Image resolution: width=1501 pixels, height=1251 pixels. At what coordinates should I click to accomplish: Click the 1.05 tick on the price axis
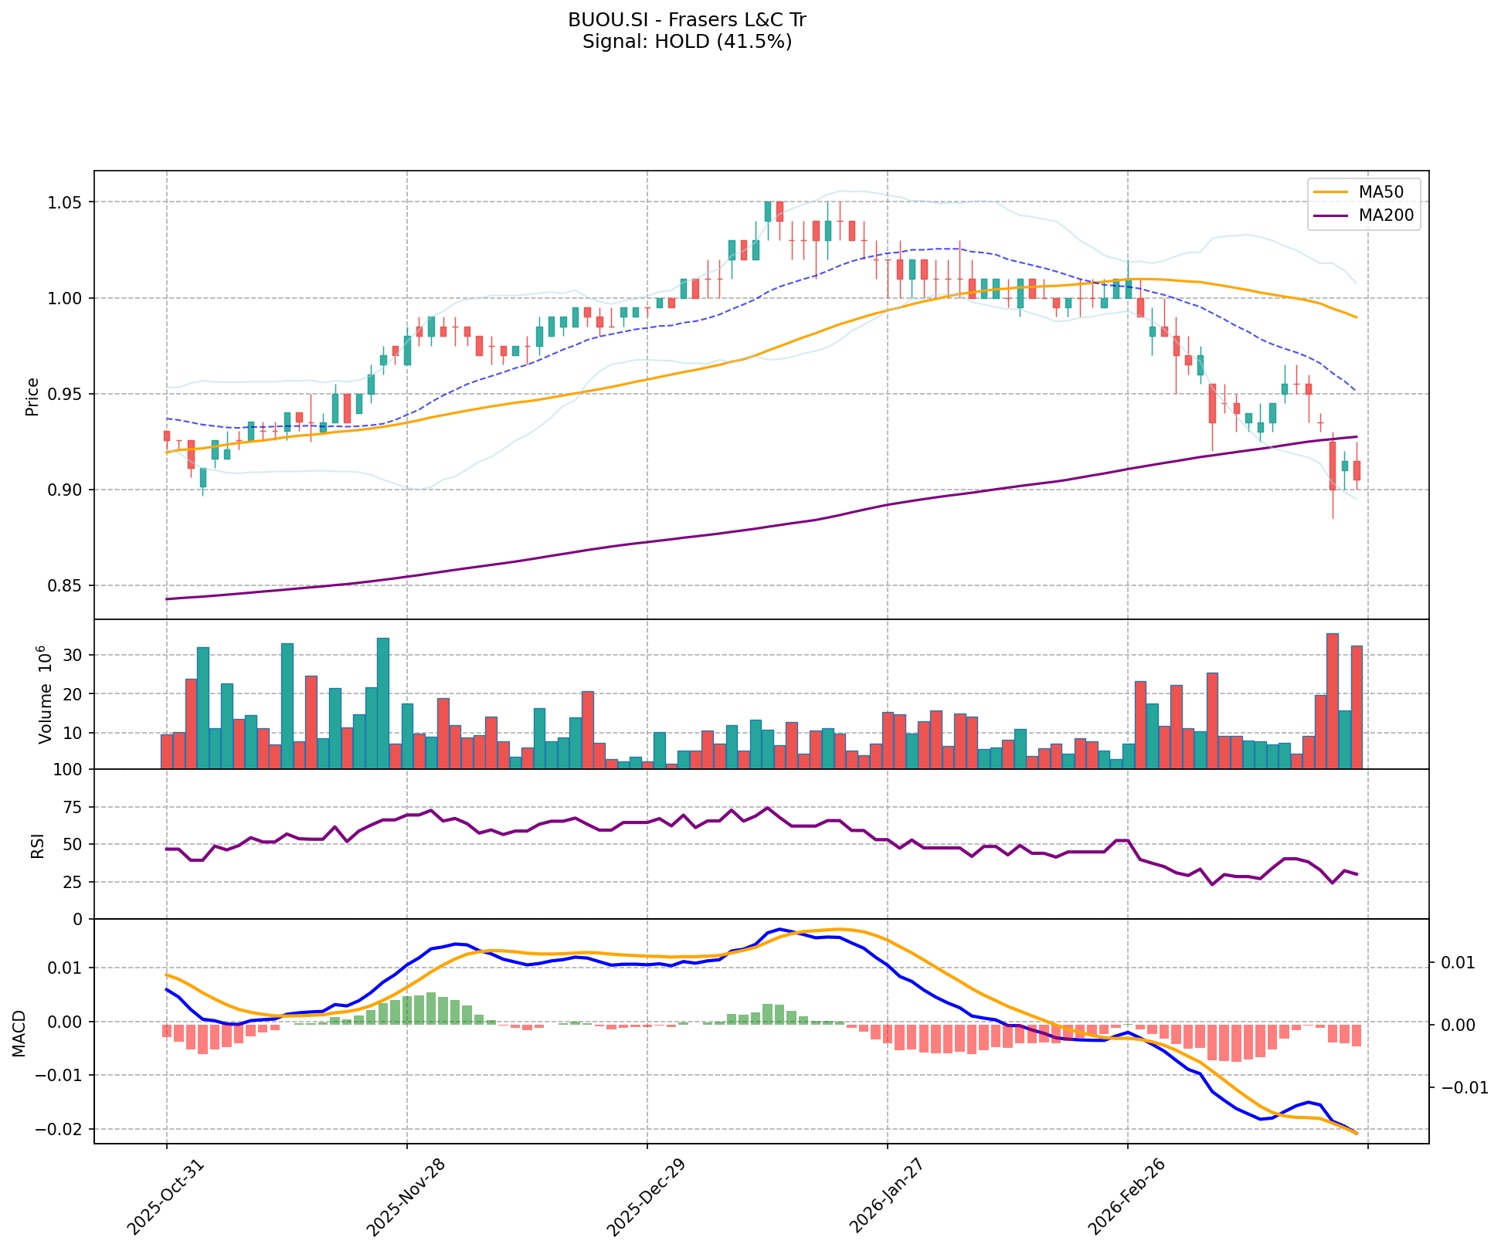(x=67, y=202)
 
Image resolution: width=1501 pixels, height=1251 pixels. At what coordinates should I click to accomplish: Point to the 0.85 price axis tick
(x=67, y=586)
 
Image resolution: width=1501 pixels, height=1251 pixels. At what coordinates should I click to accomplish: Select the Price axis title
(x=32, y=396)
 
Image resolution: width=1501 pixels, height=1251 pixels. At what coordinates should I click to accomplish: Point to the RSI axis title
(x=37, y=845)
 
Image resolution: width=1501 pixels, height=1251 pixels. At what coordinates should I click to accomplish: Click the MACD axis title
(x=19, y=1032)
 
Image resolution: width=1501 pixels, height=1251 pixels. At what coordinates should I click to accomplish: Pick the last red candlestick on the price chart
(x=1357, y=470)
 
